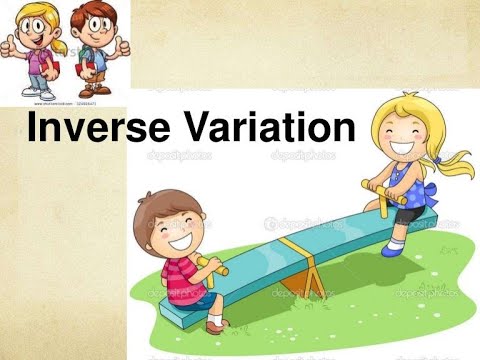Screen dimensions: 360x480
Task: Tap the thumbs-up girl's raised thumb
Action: [x=10, y=44]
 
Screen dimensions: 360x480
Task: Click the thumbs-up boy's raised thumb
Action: [x=124, y=45]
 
